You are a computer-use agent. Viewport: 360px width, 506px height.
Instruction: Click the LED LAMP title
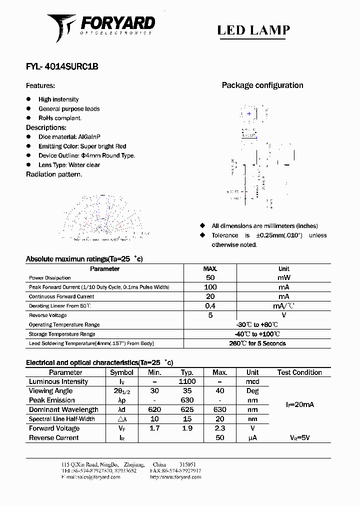(x=253, y=30)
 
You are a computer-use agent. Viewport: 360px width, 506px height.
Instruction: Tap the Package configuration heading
(x=262, y=85)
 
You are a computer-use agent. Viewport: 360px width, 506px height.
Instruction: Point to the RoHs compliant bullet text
(x=59, y=118)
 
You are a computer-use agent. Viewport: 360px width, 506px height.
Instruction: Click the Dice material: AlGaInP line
(x=64, y=137)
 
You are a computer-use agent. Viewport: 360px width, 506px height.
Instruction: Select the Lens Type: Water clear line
(x=69, y=165)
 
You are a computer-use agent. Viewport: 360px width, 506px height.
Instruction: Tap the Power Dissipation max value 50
(x=210, y=277)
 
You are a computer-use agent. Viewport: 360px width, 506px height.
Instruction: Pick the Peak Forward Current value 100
(x=210, y=287)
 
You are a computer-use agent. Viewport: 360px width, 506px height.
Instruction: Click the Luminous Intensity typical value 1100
(x=187, y=381)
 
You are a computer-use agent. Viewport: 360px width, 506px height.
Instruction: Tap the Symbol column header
(x=121, y=372)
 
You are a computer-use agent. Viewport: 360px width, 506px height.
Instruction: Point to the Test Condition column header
(x=299, y=372)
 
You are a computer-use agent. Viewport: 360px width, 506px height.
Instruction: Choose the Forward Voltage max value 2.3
(x=220, y=428)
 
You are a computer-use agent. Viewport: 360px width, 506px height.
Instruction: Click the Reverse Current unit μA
(x=252, y=438)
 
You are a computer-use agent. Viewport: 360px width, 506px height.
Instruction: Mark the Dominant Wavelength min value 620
(x=154, y=410)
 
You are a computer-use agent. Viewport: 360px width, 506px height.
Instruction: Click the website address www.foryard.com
(x=175, y=477)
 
